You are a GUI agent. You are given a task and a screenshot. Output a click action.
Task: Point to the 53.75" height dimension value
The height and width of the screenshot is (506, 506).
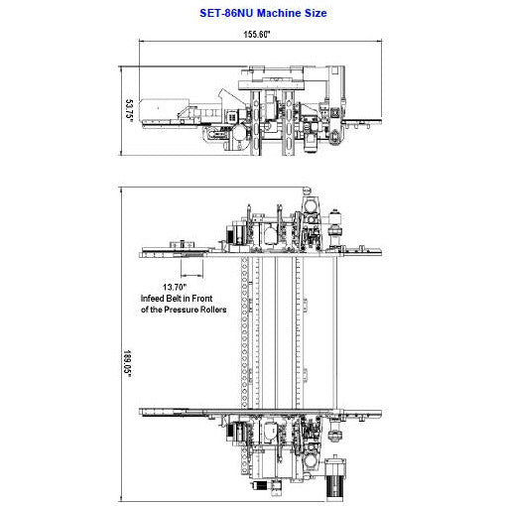coord(129,108)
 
